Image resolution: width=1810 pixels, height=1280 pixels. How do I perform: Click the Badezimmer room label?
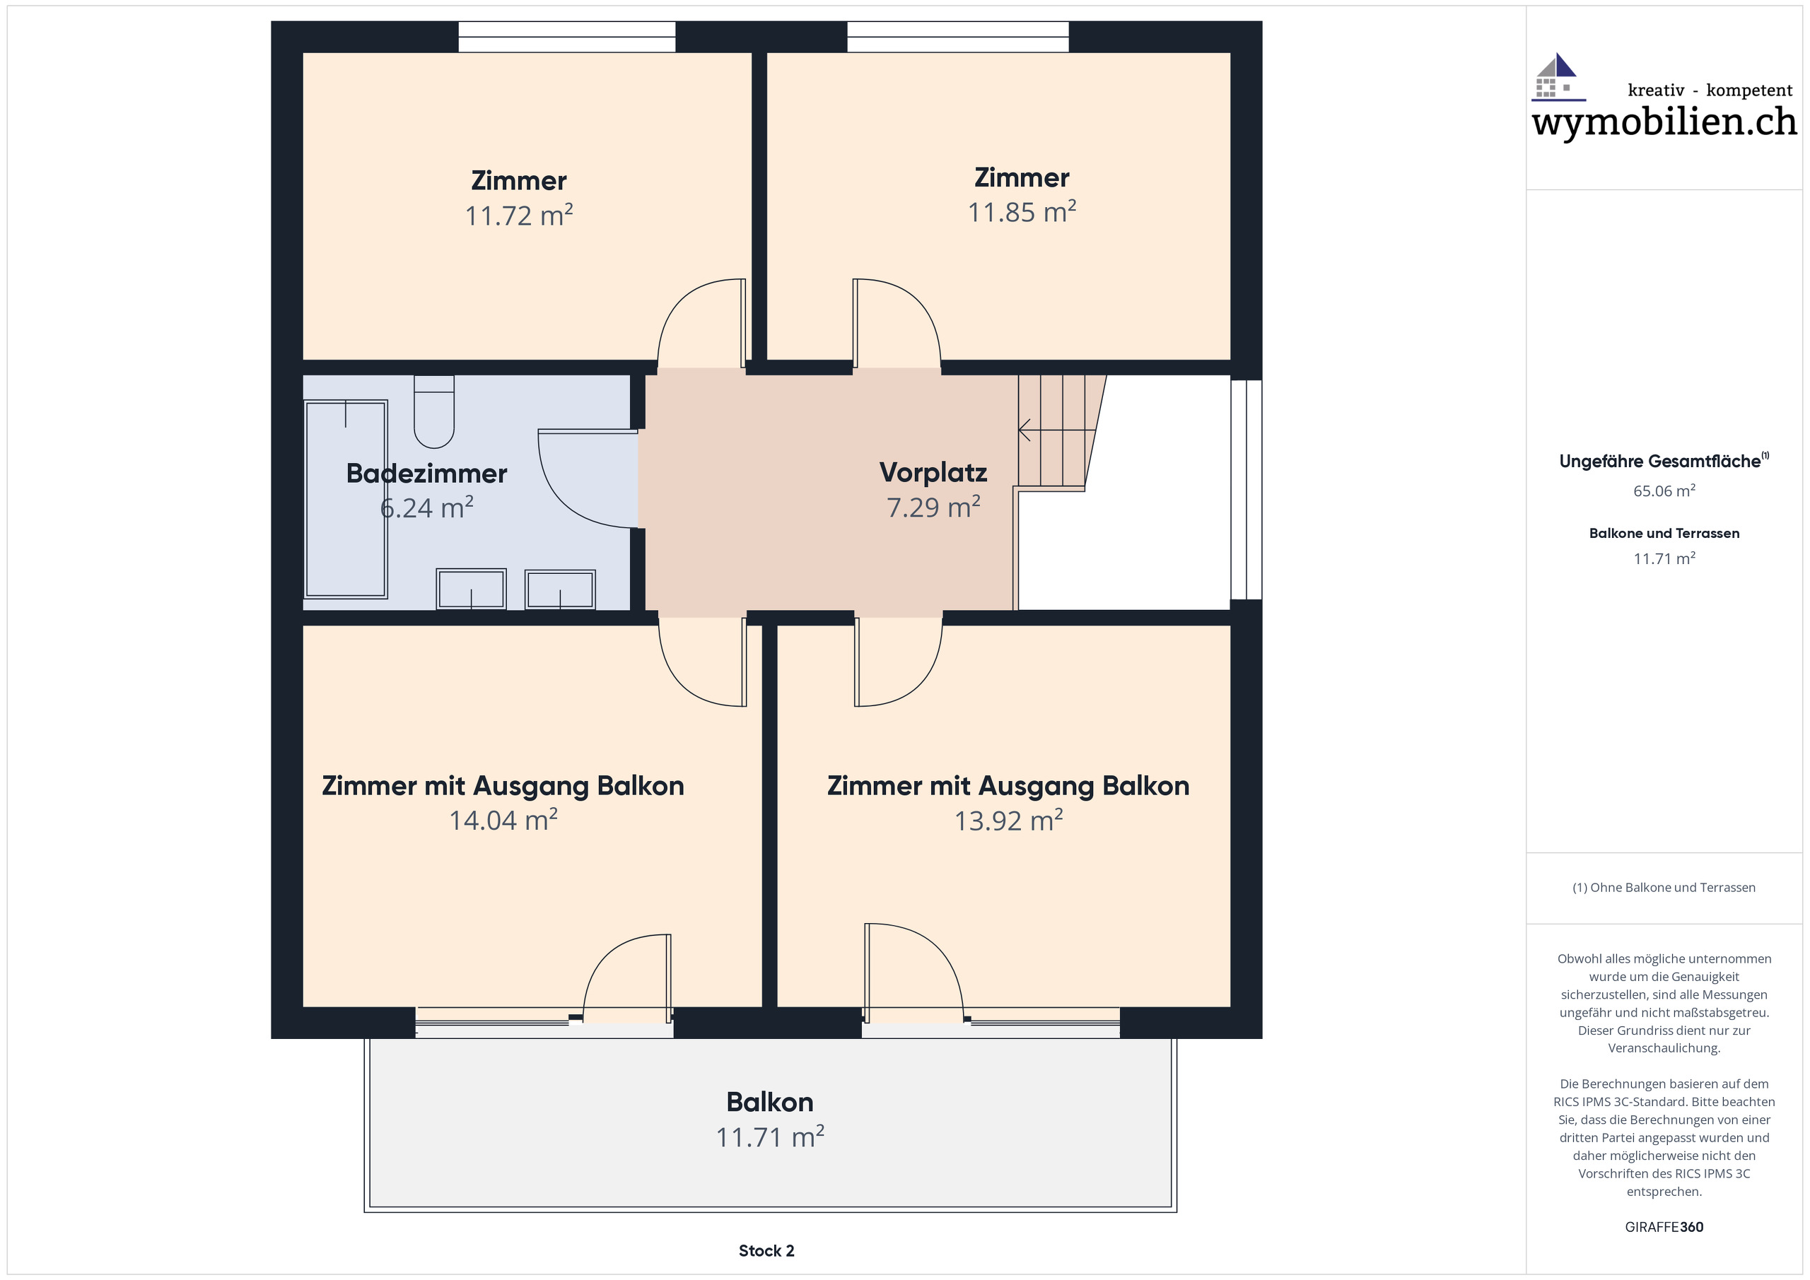coord(426,473)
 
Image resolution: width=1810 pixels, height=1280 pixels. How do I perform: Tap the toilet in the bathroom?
coord(434,411)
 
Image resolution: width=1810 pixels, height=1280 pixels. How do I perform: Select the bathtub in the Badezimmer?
coord(345,499)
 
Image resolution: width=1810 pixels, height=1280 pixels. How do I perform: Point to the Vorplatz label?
coord(933,472)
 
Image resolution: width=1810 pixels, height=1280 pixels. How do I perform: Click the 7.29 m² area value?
coord(933,507)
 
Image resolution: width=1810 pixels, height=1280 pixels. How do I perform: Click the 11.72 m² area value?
coord(519,215)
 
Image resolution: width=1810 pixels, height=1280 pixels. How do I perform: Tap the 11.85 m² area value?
coord(1022,212)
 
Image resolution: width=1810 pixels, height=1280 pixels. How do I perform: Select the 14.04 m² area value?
coord(503,821)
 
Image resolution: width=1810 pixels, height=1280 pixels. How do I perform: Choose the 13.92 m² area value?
coord(1008,821)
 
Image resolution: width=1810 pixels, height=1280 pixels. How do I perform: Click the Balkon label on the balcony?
coord(769,1102)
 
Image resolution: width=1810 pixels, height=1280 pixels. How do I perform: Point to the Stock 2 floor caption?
coord(766,1251)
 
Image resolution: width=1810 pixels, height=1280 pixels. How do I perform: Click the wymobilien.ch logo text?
coord(1664,122)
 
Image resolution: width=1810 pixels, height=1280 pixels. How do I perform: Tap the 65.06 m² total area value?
coord(1664,491)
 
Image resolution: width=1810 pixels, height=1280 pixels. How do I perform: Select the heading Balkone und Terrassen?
coord(1664,534)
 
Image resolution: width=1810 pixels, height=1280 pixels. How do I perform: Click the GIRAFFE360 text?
coord(1664,1227)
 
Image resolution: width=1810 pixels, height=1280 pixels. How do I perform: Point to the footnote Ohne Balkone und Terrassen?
coord(1664,888)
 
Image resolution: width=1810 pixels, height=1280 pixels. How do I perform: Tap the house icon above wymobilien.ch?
coord(1557,76)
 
